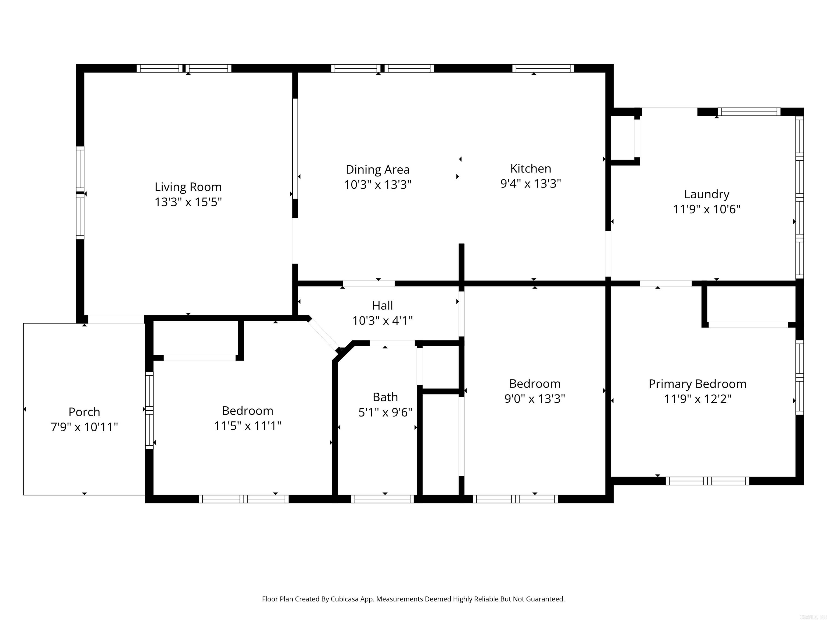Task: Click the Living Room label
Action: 188,187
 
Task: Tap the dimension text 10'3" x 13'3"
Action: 378,185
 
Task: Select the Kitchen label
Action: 531,168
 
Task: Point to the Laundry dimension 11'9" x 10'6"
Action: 706,209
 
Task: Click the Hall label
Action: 382,306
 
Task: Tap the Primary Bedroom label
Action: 697,384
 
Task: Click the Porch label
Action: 84,412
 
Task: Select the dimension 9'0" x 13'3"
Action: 534,399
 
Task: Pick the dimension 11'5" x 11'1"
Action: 247,426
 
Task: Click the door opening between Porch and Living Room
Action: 116,319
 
